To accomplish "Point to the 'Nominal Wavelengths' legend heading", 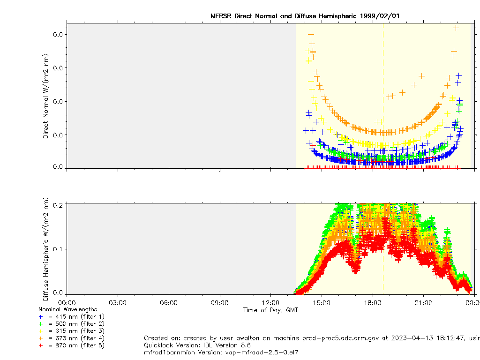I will [67, 309].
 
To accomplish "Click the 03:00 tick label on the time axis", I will [117, 303].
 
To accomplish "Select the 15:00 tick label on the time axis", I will [322, 303].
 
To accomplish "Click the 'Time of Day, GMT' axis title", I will [270, 310].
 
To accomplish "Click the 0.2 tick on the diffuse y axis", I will [58, 204].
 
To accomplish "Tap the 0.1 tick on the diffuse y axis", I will [58, 249].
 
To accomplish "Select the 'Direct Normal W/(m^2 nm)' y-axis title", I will [46, 96].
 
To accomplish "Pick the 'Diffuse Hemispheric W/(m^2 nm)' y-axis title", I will [46, 249].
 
